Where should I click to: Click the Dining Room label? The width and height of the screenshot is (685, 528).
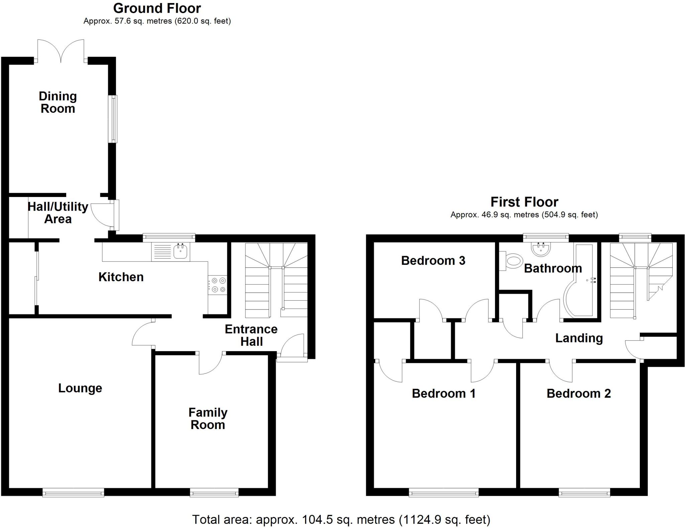click(58, 102)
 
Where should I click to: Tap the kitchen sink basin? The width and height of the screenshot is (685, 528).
click(181, 251)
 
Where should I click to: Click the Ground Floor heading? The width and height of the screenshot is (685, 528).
click(157, 8)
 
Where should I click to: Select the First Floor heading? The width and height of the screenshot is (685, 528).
click(524, 202)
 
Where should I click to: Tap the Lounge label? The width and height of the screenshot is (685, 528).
click(80, 388)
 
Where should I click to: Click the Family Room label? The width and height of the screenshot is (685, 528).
click(208, 418)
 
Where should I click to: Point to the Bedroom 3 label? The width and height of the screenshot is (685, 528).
click(433, 260)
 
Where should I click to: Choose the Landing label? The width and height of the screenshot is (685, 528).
click(579, 338)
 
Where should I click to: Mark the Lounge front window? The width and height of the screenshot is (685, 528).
click(73, 492)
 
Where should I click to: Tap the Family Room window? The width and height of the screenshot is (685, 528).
click(214, 492)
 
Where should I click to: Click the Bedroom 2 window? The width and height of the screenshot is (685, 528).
click(584, 492)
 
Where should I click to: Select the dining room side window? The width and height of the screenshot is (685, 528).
click(114, 119)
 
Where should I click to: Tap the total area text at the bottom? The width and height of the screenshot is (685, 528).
click(341, 520)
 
